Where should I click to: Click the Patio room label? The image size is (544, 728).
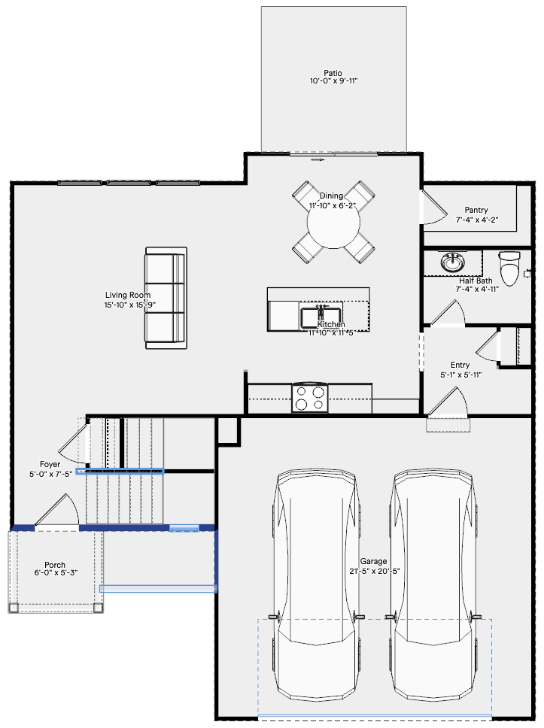pos(333,73)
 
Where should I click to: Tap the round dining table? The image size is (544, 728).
pos(333,223)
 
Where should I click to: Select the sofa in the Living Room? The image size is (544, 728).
pos(166,298)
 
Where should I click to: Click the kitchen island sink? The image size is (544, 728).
pos(321,317)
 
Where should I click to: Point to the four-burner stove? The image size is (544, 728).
pos(310,399)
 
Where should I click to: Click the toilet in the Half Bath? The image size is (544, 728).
pos(509,268)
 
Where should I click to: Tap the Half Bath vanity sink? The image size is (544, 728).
pos(452,262)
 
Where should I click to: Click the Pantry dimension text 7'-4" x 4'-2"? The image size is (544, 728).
pos(476,220)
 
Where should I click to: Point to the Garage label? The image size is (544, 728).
pos(373,561)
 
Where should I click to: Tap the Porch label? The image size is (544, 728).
pos(55,565)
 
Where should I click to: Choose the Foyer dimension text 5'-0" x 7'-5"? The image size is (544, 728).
pos(50,474)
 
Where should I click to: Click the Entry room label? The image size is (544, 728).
pos(460,365)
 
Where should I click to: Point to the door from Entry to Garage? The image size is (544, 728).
pos(447,402)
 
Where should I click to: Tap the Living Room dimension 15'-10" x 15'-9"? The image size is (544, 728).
pos(130,305)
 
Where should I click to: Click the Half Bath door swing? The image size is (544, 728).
pos(448,313)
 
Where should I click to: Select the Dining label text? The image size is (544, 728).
pos(331,196)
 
